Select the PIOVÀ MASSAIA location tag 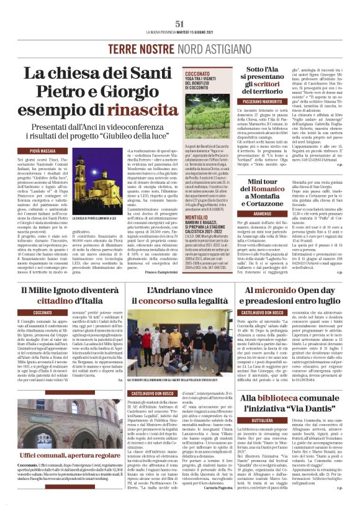point(42,150)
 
